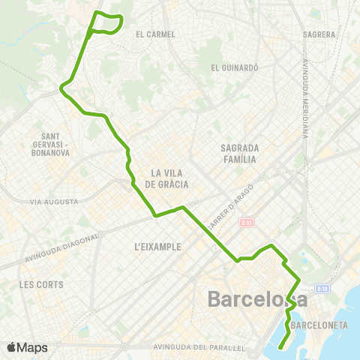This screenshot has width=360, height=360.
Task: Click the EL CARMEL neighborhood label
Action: pyautogui.click(x=155, y=34)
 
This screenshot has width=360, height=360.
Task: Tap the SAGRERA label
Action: pyautogui.click(x=319, y=34)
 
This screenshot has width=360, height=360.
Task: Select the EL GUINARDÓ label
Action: pyautogui.click(x=234, y=67)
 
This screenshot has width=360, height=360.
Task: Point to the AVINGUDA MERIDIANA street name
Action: pyautogui.click(x=307, y=98)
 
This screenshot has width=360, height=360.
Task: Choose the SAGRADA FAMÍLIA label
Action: pyautogui.click(x=240, y=153)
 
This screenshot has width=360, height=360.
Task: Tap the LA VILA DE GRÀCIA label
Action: pyautogui.click(x=166, y=178)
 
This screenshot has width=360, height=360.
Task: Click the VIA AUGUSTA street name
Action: pyautogui.click(x=54, y=202)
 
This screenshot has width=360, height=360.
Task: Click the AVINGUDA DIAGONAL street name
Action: pyautogui.click(x=61, y=247)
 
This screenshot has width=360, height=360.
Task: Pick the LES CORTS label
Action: pyautogui.click(x=42, y=284)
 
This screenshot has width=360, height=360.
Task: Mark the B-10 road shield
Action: pyautogui.click(x=322, y=289)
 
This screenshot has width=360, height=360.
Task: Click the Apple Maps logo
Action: pyautogui.click(x=27, y=347)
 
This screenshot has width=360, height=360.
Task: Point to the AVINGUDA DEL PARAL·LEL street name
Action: pyautogui.click(x=199, y=347)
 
